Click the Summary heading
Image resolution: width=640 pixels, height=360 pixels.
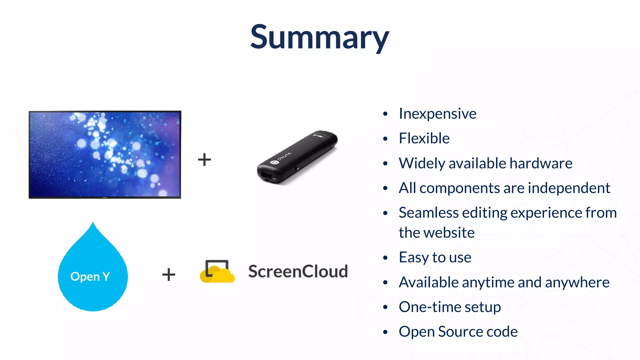[319, 37]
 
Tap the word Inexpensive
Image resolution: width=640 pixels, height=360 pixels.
[437, 114]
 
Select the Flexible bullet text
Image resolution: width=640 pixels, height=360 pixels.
[424, 138]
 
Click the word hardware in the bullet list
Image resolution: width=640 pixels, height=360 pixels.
[541, 163]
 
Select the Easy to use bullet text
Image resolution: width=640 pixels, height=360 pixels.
[435, 257]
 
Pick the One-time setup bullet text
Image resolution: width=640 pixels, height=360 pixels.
[450, 307]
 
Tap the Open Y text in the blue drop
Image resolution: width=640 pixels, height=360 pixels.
[90, 277]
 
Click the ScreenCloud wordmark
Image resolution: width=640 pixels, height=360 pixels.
[298, 271]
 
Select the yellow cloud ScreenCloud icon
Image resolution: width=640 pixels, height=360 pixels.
[217, 272]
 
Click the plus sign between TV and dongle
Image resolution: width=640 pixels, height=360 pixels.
[204, 159]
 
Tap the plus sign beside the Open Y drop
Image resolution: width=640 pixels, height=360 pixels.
[169, 275]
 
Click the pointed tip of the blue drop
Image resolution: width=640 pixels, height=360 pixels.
[93, 223]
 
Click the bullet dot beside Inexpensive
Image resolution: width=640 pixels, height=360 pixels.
[385, 114]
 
